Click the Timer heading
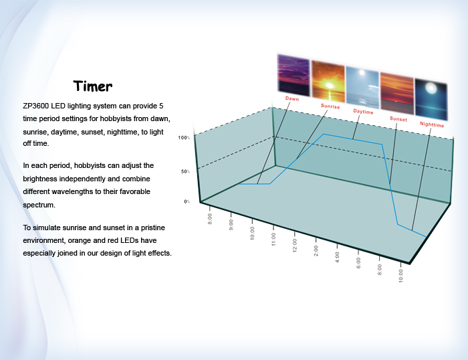point(93,86)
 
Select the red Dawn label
point(292,98)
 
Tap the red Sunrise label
point(330,106)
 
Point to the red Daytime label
point(363,112)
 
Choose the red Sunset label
point(398,118)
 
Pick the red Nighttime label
point(432,124)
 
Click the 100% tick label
point(184,138)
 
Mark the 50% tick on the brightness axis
point(185,171)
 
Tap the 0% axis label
point(187,201)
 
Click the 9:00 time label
point(231,225)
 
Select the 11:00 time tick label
point(273,240)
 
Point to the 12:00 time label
point(295,246)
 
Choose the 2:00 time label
point(316,251)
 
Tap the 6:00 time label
point(358,263)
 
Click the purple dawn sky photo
point(294,74)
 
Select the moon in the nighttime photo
point(431,88)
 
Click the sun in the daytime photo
point(362,72)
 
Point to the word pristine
point(153,228)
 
